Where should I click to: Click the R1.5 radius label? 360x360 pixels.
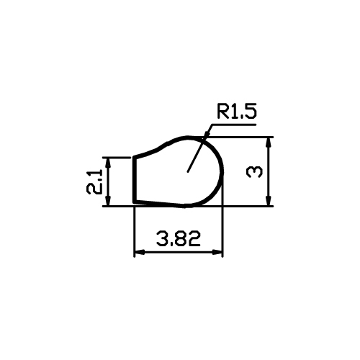click(x=237, y=111)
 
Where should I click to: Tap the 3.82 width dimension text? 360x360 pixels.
click(x=179, y=239)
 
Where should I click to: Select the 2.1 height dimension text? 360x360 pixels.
click(x=94, y=181)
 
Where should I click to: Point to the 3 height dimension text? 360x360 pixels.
click(x=254, y=171)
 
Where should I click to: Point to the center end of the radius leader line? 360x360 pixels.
click(x=188, y=171)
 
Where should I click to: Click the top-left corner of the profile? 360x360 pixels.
click(x=134, y=157)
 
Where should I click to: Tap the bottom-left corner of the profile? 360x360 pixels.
click(x=134, y=202)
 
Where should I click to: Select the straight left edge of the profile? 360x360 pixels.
click(x=134, y=179)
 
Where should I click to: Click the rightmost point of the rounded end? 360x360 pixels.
click(x=222, y=172)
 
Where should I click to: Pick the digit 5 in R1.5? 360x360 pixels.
click(x=251, y=111)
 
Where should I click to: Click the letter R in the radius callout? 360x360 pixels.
click(x=222, y=111)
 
